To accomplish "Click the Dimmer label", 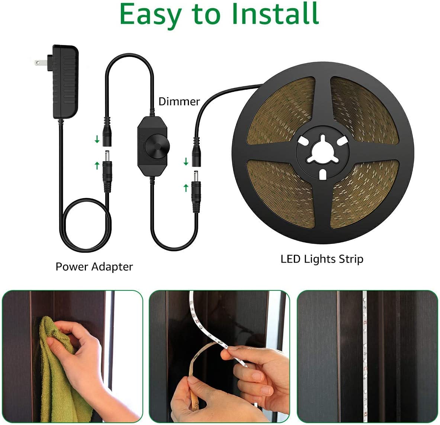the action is (179, 102).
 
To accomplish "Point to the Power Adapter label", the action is (94, 267).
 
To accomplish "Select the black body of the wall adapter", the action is (65, 82).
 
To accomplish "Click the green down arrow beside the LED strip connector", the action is (186, 162).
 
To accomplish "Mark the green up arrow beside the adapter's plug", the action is (97, 165).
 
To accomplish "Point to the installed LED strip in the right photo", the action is (365, 356).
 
